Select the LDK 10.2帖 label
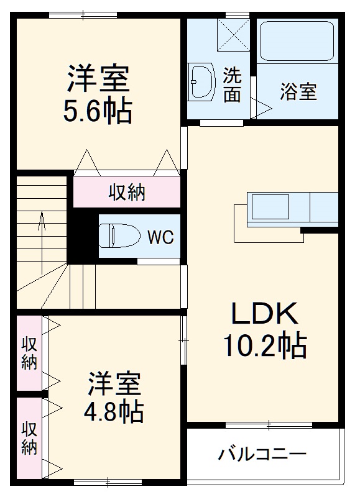(x=265, y=330)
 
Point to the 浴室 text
(x=298, y=92)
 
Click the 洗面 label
(x=233, y=84)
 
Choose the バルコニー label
(x=262, y=454)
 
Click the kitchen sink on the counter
(x=269, y=206)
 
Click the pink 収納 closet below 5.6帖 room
(x=127, y=193)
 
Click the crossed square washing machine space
(x=234, y=34)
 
